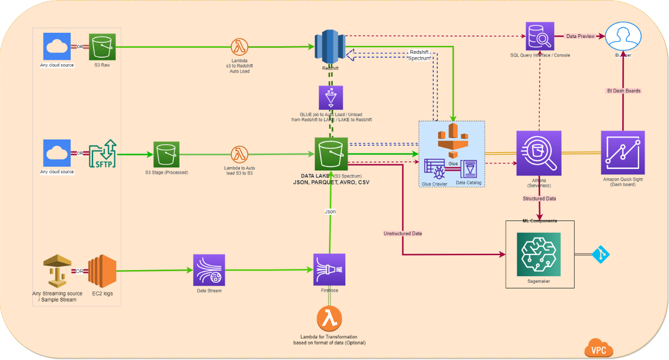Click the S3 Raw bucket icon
point(102,46)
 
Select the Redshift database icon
point(330,46)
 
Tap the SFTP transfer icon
point(102,153)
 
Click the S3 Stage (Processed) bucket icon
point(166,154)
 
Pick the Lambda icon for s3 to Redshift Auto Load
point(240,47)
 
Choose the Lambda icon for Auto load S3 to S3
point(240,154)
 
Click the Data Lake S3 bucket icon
point(331,154)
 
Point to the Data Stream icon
point(209,270)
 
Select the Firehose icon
point(329,270)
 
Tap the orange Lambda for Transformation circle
point(329,319)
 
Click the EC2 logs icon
point(102,271)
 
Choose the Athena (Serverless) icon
point(538,153)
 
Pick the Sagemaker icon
point(538,254)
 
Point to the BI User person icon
point(623,36)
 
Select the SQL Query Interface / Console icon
point(539,36)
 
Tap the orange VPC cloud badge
point(599,348)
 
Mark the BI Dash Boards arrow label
point(623,91)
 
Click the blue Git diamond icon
point(601,254)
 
